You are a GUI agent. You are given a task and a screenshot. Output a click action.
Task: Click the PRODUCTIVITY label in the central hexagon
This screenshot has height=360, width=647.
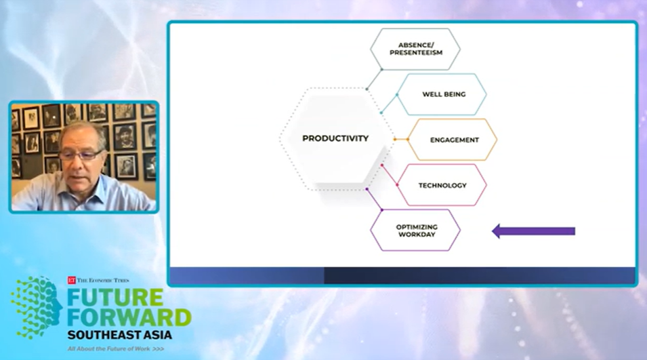click(x=335, y=139)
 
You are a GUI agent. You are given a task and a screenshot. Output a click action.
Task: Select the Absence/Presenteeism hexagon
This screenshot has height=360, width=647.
click(x=415, y=49)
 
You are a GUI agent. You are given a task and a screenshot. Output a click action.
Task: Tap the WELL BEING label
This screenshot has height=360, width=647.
click(x=444, y=94)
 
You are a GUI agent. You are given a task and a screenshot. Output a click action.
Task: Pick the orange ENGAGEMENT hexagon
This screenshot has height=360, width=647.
click(x=453, y=140)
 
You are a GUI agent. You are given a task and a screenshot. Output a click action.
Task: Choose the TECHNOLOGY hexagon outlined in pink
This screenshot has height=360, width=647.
click(x=442, y=185)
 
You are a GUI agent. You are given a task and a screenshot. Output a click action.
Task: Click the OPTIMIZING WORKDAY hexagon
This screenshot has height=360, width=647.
click(x=415, y=231)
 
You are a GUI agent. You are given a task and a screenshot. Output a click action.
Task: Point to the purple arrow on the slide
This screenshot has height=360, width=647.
click(x=534, y=231)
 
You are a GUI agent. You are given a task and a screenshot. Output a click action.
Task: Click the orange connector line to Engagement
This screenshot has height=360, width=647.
click(x=400, y=140)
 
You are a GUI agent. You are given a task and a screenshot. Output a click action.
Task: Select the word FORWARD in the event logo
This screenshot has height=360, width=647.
click(x=129, y=317)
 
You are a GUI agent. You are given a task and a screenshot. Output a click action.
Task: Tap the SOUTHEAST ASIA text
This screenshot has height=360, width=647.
click(x=120, y=334)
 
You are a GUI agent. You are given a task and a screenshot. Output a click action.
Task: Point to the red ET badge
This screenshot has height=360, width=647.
click(x=71, y=280)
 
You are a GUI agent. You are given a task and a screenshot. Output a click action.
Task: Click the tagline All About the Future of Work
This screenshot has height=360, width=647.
click(x=109, y=349)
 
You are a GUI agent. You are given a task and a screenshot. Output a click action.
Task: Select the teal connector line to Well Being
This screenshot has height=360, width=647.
click(x=389, y=104)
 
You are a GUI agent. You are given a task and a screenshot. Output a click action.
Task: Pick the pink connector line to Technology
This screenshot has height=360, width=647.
click(x=390, y=175)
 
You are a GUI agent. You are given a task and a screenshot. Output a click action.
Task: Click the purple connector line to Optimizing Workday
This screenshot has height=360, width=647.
click(x=374, y=199)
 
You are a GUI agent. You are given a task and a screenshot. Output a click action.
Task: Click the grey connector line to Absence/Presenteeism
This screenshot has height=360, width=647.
click(x=374, y=79)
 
